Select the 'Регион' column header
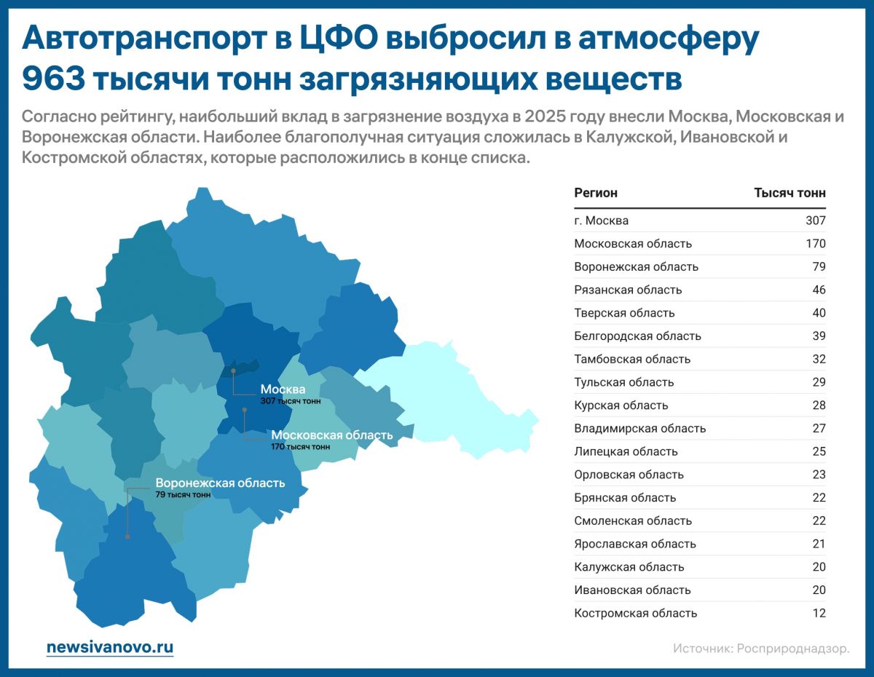tap(595, 193)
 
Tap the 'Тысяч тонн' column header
tap(790, 193)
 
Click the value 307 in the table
tap(816, 221)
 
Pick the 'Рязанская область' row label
tap(628, 290)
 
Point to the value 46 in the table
tap(819, 290)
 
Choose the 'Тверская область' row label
tap(624, 313)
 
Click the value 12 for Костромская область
tap(819, 613)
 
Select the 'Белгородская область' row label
tap(637, 336)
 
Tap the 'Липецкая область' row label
tap(626, 451)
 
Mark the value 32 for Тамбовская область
tap(819, 359)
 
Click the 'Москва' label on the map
tap(283, 389)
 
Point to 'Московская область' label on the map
tap(331, 435)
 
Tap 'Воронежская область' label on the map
tap(220, 483)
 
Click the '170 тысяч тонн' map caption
tap(300, 447)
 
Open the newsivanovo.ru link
tap(110, 647)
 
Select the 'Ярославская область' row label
tap(634, 544)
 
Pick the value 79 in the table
tap(819, 266)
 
